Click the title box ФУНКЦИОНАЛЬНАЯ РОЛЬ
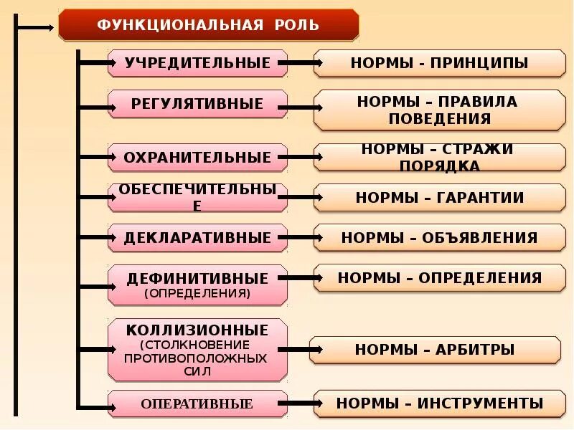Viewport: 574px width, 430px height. [x=208, y=25]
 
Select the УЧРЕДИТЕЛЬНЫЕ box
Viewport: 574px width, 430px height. [x=197, y=63]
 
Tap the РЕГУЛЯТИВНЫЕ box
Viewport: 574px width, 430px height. [x=197, y=104]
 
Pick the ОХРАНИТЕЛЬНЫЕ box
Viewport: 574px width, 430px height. [x=197, y=157]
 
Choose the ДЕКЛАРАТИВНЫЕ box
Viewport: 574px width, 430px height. [x=197, y=237]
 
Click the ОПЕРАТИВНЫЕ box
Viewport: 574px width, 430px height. [x=197, y=404]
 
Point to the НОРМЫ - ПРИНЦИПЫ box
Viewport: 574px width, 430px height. [x=439, y=63]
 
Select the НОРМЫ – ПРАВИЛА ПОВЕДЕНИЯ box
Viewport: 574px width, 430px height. [x=439, y=110]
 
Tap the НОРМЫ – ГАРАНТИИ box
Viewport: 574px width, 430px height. [x=439, y=197]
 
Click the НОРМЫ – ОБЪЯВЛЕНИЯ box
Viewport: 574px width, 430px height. [x=439, y=237]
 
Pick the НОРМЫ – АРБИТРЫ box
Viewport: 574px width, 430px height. [x=435, y=350]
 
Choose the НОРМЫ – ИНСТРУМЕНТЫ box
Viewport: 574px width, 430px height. [x=439, y=403]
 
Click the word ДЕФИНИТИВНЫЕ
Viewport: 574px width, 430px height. [x=197, y=278]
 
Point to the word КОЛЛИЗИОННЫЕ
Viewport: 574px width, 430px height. [x=197, y=330]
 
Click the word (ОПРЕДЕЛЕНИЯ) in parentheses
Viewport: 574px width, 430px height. [x=197, y=293]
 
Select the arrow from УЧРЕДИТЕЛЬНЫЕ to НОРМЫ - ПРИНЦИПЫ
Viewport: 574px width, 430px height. [x=301, y=63]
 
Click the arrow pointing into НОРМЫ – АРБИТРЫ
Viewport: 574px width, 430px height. [x=298, y=350]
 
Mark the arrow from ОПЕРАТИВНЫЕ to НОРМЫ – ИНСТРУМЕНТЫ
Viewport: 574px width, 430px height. [x=301, y=403]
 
